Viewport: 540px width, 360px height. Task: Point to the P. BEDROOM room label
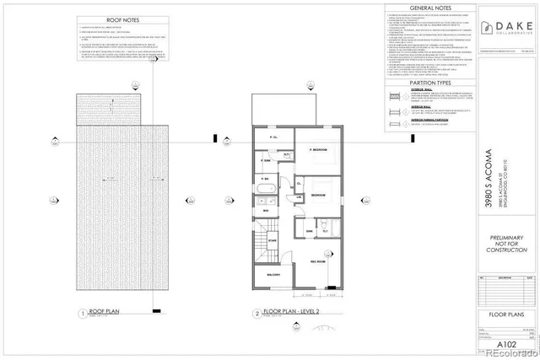[x=318, y=149]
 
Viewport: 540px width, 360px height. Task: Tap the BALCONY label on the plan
[x=274, y=275]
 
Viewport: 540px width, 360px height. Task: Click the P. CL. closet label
[x=274, y=137]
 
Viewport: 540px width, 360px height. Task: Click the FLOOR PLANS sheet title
[x=506, y=315]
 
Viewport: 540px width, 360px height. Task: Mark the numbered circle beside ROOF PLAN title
[x=81, y=314]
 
